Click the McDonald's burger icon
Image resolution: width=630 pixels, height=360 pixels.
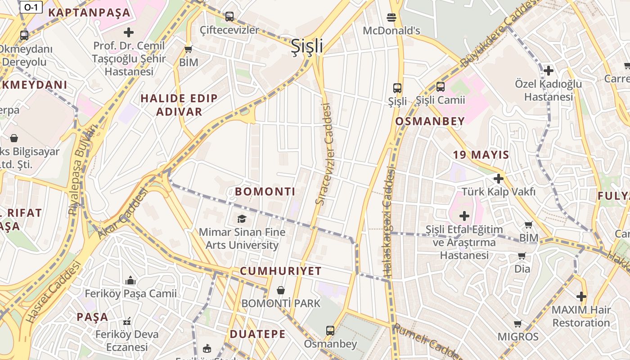[391, 18]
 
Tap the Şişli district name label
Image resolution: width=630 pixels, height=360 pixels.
[307, 46]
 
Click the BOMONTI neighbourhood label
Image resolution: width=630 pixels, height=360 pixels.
[265, 192]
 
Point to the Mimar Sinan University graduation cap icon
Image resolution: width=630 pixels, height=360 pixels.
[242, 219]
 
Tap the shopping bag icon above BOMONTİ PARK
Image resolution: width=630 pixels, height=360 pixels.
[281, 290]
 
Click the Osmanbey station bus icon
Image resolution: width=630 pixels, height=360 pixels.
[330, 331]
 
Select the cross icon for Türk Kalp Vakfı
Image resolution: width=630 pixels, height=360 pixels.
[498, 179]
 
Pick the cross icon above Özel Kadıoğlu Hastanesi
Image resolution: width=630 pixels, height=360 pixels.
[548, 71]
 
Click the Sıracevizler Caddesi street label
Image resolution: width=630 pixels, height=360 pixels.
[324, 154]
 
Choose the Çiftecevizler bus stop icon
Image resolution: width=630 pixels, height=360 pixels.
[229, 17]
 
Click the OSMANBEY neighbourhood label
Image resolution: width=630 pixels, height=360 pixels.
[430, 121]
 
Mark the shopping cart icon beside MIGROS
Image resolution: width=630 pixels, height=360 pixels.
[518, 324]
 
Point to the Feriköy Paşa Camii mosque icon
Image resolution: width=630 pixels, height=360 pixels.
[130, 280]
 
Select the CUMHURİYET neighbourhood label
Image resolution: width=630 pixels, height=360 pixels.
[280, 271]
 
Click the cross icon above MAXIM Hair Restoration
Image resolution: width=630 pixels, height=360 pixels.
[581, 297]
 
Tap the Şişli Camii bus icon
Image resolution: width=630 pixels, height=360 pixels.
[440, 87]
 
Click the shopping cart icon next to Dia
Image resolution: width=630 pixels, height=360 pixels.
[522, 256]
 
